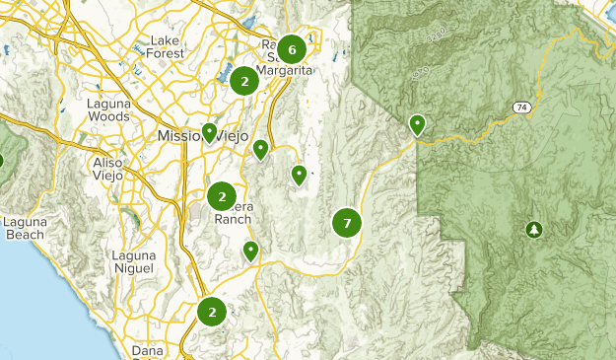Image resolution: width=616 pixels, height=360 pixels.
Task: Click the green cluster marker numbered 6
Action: coord(291,48)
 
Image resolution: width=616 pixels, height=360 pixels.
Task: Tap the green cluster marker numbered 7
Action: coord(347,223)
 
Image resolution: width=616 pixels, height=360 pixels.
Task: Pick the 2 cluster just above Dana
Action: coord(212,312)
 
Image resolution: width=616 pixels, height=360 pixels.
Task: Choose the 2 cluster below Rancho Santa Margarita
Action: coord(244,82)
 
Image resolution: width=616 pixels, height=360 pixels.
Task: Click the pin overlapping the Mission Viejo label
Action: coord(209,132)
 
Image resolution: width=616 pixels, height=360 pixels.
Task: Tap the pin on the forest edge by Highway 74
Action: coord(417,124)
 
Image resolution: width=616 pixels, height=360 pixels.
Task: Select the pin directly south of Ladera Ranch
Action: coord(250,251)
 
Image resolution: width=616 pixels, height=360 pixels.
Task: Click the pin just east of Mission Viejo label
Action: coord(260,149)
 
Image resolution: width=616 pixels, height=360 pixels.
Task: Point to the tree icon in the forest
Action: coord(534,229)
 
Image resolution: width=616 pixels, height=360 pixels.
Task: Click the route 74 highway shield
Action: coord(520,106)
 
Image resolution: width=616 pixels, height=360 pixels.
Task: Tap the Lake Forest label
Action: coord(166,46)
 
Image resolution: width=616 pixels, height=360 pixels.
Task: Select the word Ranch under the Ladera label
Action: coord(234,219)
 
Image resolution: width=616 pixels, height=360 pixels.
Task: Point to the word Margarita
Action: coord(285,71)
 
